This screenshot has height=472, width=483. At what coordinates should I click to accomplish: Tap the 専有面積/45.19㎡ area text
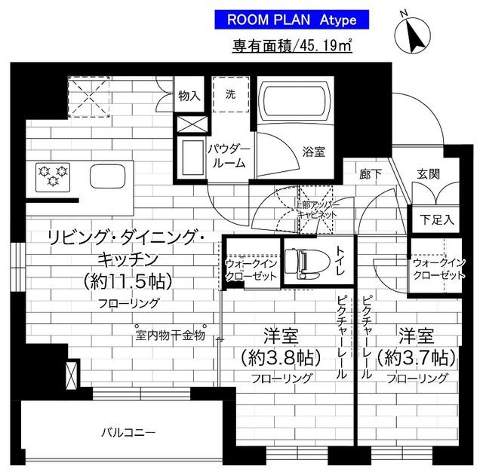pyautogui.click(x=294, y=45)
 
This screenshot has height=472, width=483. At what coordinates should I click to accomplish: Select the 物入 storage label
pyautogui.click(x=189, y=95)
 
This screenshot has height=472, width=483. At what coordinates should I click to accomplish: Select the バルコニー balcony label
pyautogui.click(x=128, y=432)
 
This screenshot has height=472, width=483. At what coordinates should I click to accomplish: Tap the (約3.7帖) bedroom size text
pyautogui.click(x=415, y=355)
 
